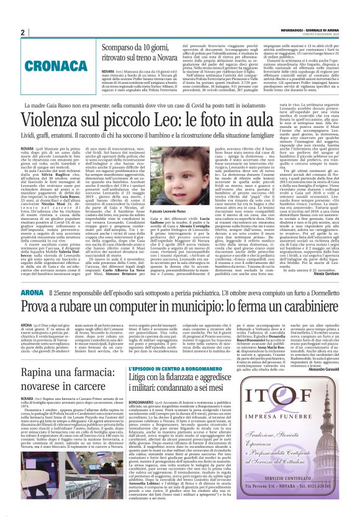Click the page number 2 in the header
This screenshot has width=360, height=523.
click(x=23, y=32)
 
